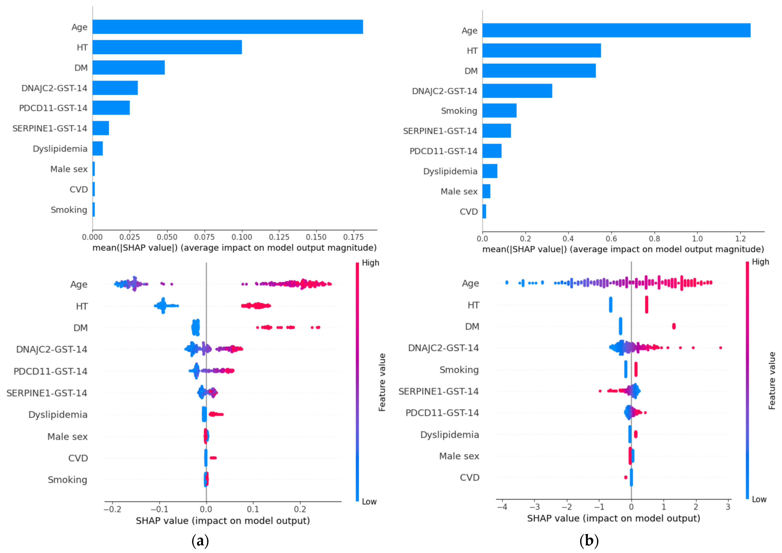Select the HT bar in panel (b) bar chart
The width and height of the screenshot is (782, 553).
pyautogui.click(x=542, y=50)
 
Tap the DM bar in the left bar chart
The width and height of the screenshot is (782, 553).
pyautogui.click(x=129, y=67)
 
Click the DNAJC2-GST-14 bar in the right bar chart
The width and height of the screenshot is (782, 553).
pyautogui.click(x=517, y=91)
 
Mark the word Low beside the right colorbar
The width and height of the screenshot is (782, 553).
pyautogui.click(x=759, y=499)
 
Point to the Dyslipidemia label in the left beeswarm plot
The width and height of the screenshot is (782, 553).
pyautogui.click(x=58, y=415)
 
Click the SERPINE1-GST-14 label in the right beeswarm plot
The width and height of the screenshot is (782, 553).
pyautogui.click(x=439, y=391)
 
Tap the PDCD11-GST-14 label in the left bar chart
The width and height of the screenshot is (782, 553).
pyautogui.click(x=53, y=108)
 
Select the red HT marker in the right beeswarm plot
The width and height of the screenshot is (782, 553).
pyautogui.click(x=646, y=305)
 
